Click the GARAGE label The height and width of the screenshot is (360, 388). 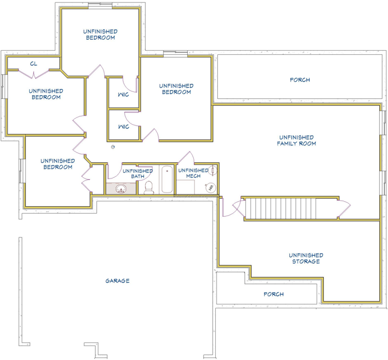click(117, 281)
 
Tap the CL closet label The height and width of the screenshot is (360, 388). click(34, 64)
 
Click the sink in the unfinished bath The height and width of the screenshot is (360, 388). click(121, 189)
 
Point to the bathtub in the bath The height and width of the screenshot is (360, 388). click(167, 179)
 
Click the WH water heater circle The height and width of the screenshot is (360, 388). click(211, 188)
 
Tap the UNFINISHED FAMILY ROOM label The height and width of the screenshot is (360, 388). click(296, 140)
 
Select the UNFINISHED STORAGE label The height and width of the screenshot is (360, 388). click(306, 258)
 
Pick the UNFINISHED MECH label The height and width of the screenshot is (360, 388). click(193, 173)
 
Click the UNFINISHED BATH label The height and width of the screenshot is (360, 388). click(138, 173)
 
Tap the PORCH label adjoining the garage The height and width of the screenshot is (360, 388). click(274, 294)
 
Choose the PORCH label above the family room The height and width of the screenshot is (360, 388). click(300, 80)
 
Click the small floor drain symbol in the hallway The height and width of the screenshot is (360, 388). click(113, 147)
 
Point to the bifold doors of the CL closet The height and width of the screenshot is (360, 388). click(34, 74)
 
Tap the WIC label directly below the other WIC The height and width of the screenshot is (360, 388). click(124, 127)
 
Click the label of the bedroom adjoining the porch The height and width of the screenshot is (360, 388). click(176, 89)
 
